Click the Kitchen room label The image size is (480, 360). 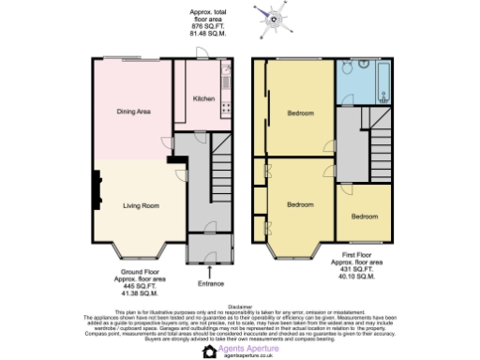pyautogui.click(x=203, y=97)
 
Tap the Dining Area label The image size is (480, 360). pyautogui.click(x=134, y=112)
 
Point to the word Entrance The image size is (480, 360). pyautogui.click(x=210, y=283)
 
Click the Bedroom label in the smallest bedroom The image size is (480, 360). pyautogui.click(x=365, y=217)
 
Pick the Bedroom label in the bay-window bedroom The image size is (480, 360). pyautogui.click(x=300, y=204)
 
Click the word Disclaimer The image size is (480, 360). pyautogui.click(x=240, y=305)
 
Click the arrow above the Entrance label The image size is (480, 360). pyautogui.click(x=210, y=271)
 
